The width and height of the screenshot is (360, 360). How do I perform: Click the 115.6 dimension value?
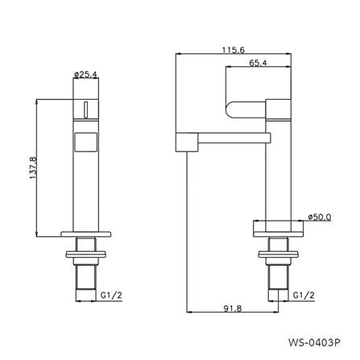tap(234, 50)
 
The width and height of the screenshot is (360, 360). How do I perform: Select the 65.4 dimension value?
tap(258, 63)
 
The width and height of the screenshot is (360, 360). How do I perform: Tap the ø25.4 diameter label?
tap(85, 74)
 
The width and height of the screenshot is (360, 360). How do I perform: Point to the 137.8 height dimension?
tap(33, 168)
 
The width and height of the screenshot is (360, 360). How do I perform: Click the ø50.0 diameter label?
tap(320, 217)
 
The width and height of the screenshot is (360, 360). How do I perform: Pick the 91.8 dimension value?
tap(233, 308)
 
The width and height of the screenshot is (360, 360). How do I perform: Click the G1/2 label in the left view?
tap(111, 296)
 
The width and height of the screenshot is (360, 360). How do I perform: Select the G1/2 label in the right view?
tap(304, 296)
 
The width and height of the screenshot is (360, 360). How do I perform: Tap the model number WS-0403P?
tap(315, 342)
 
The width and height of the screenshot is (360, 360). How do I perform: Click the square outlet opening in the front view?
tap(85, 143)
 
